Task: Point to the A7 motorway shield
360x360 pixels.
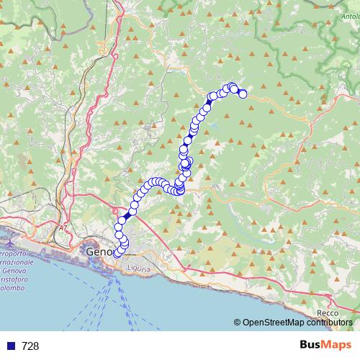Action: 63,228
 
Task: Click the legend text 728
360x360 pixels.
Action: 30,346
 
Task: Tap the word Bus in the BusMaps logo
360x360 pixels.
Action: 311,345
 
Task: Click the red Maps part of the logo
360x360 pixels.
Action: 338,345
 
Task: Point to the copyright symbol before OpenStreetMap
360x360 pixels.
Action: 238,323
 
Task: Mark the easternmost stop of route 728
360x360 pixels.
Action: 243,94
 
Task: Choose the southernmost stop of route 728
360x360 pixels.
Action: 117,253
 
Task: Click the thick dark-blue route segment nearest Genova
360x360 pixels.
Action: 127,215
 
